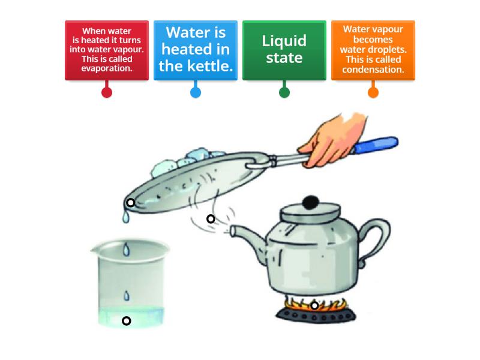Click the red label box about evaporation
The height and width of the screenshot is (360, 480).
pos(107,50)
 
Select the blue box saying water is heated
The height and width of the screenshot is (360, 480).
pos(196,50)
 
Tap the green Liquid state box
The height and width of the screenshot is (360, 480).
pos(284,50)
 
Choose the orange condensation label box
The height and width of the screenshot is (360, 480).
pos(373,50)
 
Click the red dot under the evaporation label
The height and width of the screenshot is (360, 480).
pos(107,92)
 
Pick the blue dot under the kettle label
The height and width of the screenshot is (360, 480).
pos(196,92)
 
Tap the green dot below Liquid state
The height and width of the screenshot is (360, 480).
pos(284,92)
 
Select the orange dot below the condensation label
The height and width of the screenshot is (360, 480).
pos(373,92)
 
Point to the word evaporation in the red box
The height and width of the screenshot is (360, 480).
pos(107,68)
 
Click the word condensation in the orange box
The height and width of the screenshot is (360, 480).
pos(373,70)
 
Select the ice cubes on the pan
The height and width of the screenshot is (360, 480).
pos(180,158)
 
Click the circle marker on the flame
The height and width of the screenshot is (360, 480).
pos(314,305)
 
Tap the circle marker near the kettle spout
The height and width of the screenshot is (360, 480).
pos(211,219)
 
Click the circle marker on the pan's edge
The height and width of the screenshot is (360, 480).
pos(130,203)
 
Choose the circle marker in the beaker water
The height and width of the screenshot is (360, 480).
pos(127,321)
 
